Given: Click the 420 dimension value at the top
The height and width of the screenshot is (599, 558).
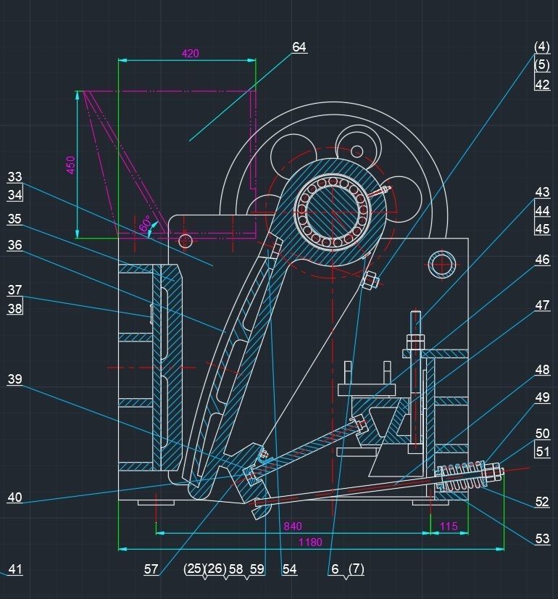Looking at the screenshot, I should tap(190, 54).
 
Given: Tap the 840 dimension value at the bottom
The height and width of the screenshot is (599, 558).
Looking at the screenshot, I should tap(293, 526).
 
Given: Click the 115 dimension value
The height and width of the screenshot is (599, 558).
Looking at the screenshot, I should tap(449, 526).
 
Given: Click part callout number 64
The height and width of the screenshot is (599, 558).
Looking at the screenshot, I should tap(299, 47).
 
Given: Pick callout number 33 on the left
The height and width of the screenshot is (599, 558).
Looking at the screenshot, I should tap(15, 177).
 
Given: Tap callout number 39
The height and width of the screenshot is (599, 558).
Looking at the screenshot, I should tap(15, 379).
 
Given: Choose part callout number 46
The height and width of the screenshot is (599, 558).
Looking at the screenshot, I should tap(542, 260).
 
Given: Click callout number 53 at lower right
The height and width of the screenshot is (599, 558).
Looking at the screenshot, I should tap(542, 538).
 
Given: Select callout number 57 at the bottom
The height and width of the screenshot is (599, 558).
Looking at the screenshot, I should tap(151, 569).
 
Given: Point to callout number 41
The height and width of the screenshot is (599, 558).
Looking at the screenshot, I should tap(15, 569).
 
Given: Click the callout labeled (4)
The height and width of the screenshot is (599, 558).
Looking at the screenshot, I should tap(542, 46).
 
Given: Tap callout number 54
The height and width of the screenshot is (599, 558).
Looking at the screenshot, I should tap(290, 569).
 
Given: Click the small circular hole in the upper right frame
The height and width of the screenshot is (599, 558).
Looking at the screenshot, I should tap(441, 265).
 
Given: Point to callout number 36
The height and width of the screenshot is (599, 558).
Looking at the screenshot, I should tap(15, 245).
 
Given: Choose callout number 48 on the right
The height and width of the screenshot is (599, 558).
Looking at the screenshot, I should tap(542, 370).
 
